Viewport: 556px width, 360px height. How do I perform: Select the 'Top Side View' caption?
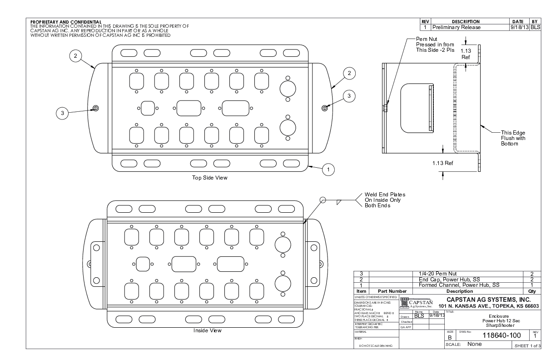[x=209, y=178]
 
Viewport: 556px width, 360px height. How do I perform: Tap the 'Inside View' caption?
[x=207, y=330]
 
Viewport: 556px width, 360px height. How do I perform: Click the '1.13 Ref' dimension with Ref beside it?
[x=442, y=162]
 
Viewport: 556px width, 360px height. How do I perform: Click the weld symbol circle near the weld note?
[x=323, y=200]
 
